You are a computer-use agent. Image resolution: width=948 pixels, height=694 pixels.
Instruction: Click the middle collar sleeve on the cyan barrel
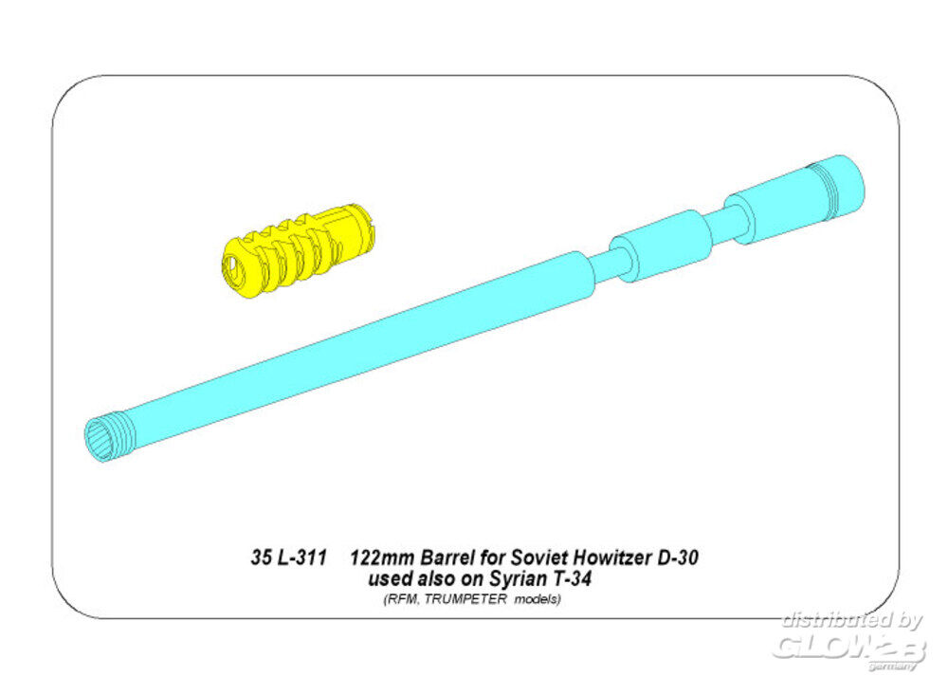pyautogui.click(x=662, y=246)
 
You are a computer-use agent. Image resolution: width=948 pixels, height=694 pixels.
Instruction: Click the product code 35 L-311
pyautogui.click(x=289, y=557)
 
